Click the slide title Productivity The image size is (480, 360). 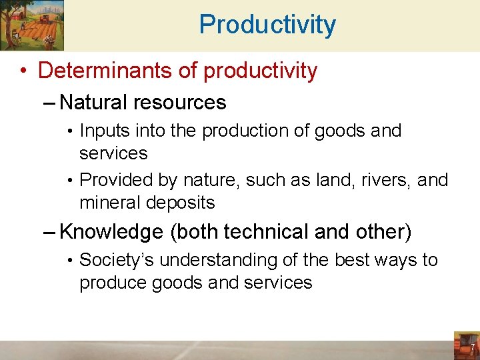point(267,25)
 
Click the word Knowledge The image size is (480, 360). point(111,232)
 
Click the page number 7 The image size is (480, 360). point(471,349)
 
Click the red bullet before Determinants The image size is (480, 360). point(23,71)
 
